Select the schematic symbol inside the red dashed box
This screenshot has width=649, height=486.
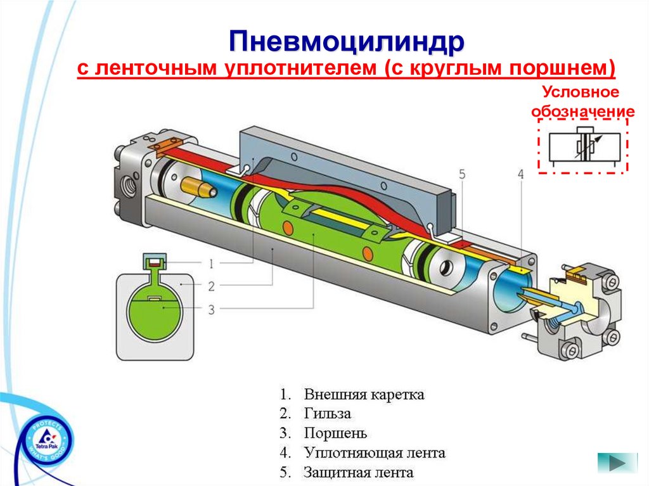tap(583, 146)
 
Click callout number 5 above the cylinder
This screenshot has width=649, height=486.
tap(462, 174)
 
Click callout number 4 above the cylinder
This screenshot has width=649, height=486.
tap(520, 174)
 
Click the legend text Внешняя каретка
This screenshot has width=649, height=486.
tap(364, 395)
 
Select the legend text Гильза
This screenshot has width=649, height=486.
tap(327, 414)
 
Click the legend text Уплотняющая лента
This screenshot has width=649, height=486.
tap(374, 453)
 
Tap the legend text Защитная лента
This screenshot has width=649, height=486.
tap(358, 473)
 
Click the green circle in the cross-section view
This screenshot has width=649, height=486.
tap(155, 312)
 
